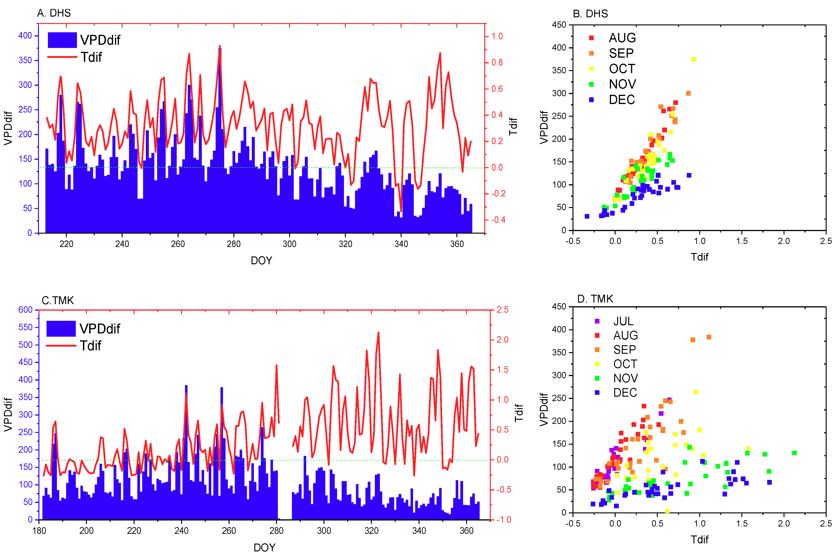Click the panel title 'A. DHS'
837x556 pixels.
[x=54, y=13]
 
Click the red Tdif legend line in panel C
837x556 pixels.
[x=61, y=345]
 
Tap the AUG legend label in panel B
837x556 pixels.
[x=622, y=38]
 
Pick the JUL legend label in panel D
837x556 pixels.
[x=623, y=321]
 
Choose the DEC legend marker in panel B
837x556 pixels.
[x=591, y=100]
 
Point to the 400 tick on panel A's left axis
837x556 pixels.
[x=25, y=36]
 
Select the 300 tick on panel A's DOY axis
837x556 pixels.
[x=289, y=244]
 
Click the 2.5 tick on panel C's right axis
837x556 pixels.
[x=502, y=309]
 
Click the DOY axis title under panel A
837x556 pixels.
[x=261, y=261]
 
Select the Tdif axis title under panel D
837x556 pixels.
[x=699, y=539]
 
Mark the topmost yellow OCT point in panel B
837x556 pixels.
[x=693, y=59]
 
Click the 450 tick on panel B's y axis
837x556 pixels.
[x=559, y=25]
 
